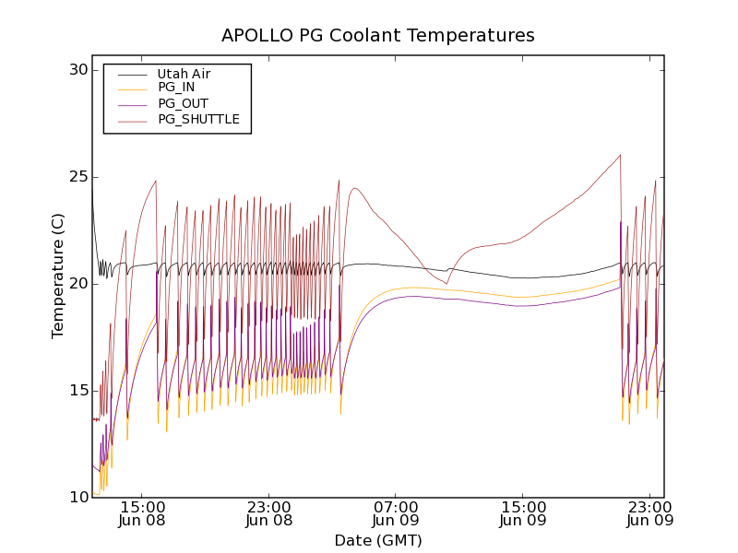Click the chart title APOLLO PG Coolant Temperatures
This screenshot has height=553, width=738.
point(377,36)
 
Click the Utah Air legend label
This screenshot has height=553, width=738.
point(183,73)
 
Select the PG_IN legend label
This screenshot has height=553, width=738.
point(176,88)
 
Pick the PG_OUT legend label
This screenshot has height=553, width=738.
point(183,103)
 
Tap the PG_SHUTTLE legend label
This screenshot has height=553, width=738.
point(198,119)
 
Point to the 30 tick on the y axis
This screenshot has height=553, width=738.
point(77,70)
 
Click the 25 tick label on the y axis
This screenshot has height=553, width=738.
point(77,177)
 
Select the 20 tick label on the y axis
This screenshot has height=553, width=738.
point(77,284)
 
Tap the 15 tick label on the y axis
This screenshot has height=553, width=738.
point(77,391)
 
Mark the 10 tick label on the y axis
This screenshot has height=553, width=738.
point(77,498)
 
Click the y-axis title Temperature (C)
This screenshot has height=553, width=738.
point(58,276)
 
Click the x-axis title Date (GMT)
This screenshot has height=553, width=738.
point(377,540)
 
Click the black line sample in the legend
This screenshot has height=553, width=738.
point(132,74)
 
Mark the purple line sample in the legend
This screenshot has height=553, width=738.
point(132,104)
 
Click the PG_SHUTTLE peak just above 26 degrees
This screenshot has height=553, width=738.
point(620,155)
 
